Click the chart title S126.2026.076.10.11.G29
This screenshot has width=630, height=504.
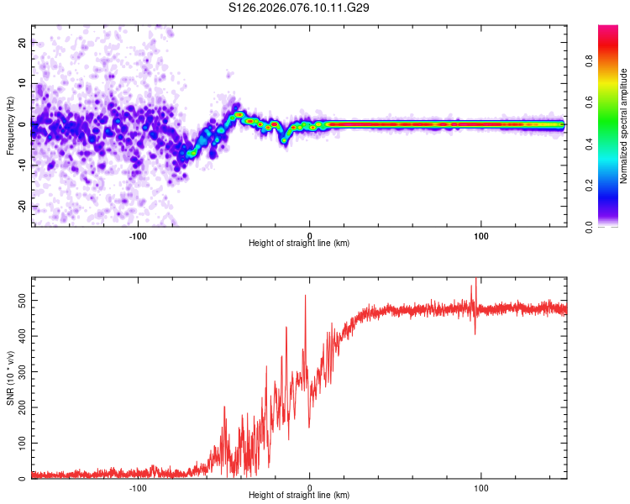(x=300, y=8)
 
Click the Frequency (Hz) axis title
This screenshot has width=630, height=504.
(x=10, y=126)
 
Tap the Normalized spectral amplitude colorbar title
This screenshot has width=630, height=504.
(x=624, y=126)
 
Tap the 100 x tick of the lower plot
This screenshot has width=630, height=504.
(x=481, y=487)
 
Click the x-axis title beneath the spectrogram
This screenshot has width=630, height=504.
(x=299, y=243)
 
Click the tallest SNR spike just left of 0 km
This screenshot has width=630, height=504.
(x=305, y=296)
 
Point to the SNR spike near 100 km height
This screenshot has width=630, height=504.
(x=476, y=281)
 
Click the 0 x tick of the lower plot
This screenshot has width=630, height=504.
(x=310, y=487)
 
